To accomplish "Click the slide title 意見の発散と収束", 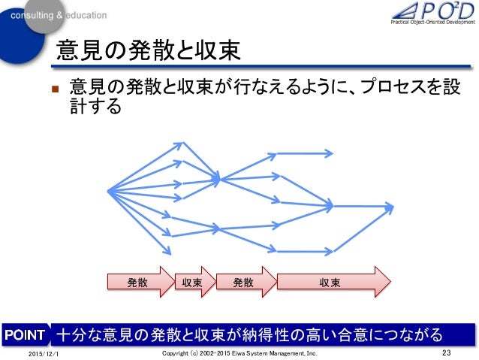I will (149, 51).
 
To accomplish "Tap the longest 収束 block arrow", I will (331, 283).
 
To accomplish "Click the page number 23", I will (449, 352).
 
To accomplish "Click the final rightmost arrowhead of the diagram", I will (390, 204).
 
